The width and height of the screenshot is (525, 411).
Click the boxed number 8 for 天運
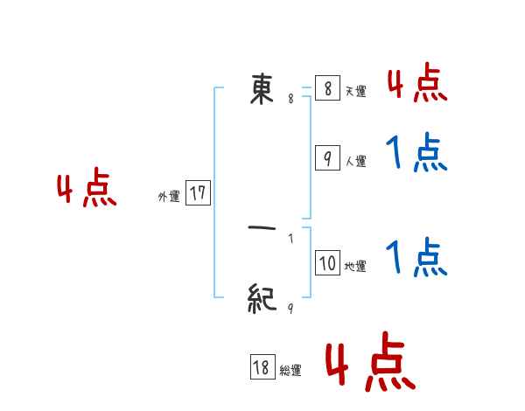point(326,89)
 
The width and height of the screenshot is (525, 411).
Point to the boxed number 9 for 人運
point(326,158)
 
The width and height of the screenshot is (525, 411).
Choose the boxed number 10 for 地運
point(326,263)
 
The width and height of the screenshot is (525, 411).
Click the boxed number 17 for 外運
point(198,193)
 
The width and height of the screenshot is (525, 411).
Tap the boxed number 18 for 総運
point(261,368)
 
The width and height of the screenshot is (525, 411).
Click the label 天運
point(355,91)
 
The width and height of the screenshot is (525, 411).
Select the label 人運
point(355,161)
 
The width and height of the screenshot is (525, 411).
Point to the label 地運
point(355,266)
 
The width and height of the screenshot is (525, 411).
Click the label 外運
point(169,197)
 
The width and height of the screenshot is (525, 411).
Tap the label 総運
point(290,371)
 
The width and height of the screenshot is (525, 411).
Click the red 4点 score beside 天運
point(416,84)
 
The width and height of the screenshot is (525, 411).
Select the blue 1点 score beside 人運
point(416,154)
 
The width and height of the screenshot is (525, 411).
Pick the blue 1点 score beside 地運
point(416,258)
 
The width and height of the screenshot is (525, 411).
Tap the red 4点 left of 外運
point(87,190)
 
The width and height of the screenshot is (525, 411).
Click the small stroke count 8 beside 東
point(290,99)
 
